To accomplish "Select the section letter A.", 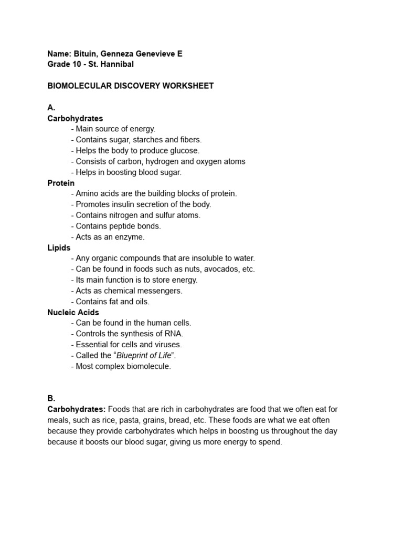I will pos(51,108).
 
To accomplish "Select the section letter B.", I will pos(51,398).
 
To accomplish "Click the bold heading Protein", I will pos(61,183).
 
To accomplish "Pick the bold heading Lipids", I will pos(59,247).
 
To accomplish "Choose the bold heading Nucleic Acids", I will pos(73,312).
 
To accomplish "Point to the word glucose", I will pos(185,151).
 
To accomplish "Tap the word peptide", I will pos(122,226).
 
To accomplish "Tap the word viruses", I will pos(167,345).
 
